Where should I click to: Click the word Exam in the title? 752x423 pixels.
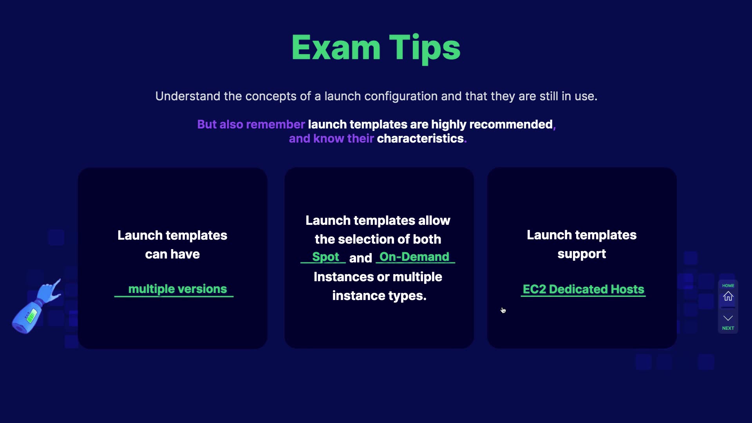tap(336, 48)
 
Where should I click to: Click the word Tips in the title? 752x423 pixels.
tap(425, 49)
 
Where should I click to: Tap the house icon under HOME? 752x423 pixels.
tap(728, 296)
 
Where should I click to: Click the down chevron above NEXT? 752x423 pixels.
tap(728, 318)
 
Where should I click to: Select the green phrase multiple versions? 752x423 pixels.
tap(177, 289)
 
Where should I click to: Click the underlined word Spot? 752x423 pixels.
tap(325, 257)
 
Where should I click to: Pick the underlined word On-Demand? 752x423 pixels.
tap(414, 257)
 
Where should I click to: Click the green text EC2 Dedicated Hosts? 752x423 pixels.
tap(583, 289)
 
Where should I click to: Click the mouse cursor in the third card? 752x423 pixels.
tap(503, 310)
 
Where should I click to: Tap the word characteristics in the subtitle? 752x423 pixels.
tap(420, 139)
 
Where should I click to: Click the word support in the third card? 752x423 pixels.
tap(582, 255)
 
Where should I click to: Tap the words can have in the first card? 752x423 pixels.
tap(172, 255)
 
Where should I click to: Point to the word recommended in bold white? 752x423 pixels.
tap(511, 125)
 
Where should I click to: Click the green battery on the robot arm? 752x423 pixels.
tap(31, 315)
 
